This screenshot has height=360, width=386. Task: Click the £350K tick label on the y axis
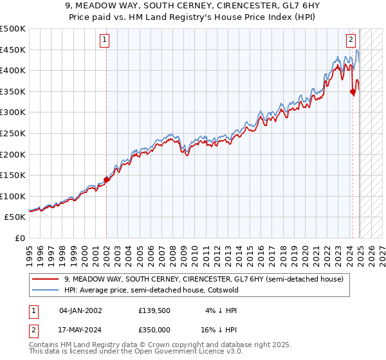(12, 91)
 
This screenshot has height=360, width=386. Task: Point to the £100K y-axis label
(12, 196)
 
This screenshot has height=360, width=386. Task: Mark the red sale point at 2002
(106, 179)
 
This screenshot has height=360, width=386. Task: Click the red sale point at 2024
(353, 91)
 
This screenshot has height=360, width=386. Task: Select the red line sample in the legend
(46, 279)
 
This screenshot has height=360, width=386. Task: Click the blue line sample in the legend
(46, 290)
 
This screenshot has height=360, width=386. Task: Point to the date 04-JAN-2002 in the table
(80, 310)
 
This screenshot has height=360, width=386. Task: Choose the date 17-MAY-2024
(80, 329)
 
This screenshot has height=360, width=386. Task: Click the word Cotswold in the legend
(222, 290)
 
